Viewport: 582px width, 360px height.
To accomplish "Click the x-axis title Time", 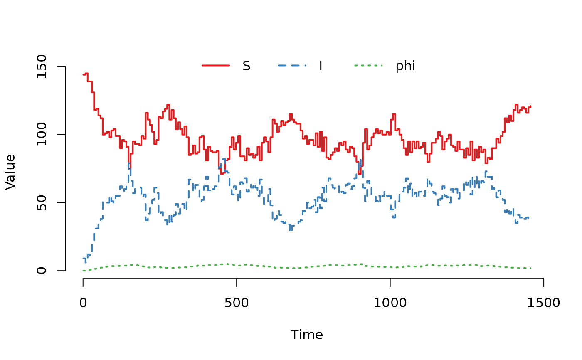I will pyautogui.click(x=307, y=335).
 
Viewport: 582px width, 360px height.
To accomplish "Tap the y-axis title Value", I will pyautogui.click(x=10, y=172).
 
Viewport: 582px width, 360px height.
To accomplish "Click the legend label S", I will pyautogui.click(x=247, y=66).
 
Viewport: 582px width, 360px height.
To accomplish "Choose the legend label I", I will pyautogui.click(x=321, y=66).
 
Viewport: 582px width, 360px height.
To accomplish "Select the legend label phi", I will pyautogui.click(x=405, y=66).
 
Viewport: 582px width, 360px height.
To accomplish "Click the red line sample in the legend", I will pyautogui.click(x=216, y=66).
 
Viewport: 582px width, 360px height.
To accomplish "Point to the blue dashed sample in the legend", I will pyautogui.click(x=292, y=66).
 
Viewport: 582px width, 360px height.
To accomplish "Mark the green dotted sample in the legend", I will pyautogui.click(x=368, y=66).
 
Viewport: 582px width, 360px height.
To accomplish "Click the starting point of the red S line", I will pyautogui.click(x=84, y=75).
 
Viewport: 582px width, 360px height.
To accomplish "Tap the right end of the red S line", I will pyautogui.click(x=531, y=106).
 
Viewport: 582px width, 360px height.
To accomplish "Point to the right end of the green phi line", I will pyautogui.click(x=531, y=268).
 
